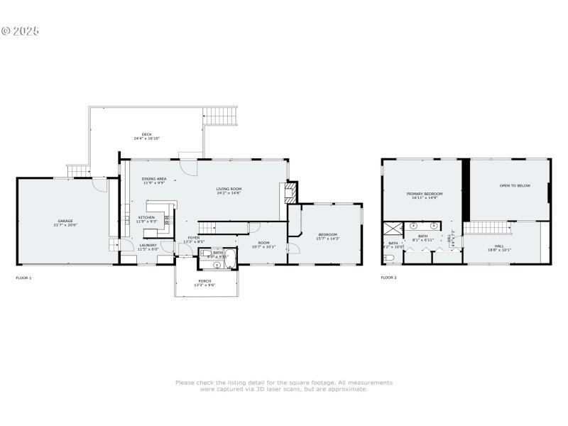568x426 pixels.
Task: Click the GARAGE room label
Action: (65, 221)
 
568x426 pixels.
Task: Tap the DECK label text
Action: (147, 134)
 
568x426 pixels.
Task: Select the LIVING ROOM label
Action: (229, 189)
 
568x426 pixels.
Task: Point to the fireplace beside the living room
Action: (289, 193)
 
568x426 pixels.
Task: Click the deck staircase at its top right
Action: (222, 116)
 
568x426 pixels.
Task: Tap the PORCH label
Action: (205, 280)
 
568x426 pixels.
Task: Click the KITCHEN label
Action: (146, 217)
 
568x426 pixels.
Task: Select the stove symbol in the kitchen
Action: (168, 220)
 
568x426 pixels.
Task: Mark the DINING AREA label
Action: (154, 179)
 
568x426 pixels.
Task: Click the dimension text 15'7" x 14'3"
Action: (328, 239)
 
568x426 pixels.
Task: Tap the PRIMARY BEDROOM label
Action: (425, 193)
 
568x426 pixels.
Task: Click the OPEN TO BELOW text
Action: (515, 185)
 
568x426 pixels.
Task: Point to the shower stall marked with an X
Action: (393, 229)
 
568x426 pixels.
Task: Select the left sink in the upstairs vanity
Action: (413, 226)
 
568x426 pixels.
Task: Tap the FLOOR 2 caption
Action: (388, 277)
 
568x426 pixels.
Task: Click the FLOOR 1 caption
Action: (23, 277)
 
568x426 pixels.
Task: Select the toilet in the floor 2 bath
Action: (388, 257)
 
